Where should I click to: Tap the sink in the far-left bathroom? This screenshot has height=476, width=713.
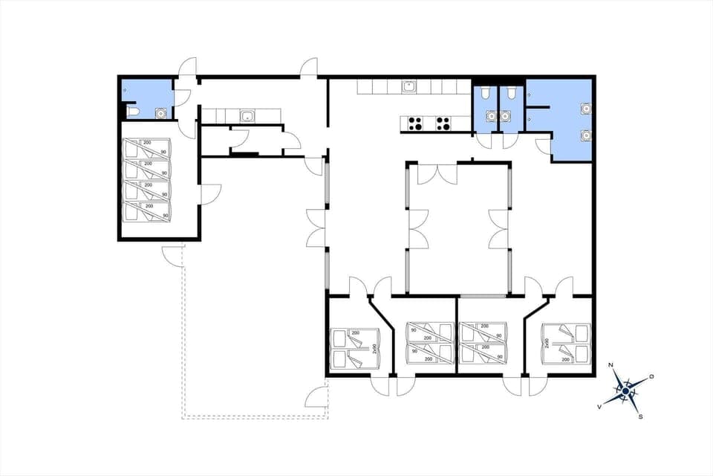tap(160, 113)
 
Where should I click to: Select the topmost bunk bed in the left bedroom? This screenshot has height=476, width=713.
tap(146, 147)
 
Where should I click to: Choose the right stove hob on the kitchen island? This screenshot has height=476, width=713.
tap(443, 123)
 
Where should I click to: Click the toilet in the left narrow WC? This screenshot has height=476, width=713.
tap(484, 93)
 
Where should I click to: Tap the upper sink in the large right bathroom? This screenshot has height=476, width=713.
tap(585, 109)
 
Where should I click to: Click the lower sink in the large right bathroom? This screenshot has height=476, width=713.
tap(585, 135)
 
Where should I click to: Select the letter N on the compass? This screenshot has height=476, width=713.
tap(611, 365)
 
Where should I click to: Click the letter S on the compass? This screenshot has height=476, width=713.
tap(640, 416)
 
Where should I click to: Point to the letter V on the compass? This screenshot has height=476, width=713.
tap(599, 407)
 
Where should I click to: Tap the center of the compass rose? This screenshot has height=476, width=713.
tap(626, 390)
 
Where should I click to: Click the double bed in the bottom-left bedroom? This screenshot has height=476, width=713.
tap(351, 349)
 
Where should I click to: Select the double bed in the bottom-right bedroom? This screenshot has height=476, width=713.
tap(566, 343)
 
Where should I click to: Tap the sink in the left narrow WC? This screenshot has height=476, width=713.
tap(490, 116)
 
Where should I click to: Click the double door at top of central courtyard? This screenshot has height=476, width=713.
tap(437, 174)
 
